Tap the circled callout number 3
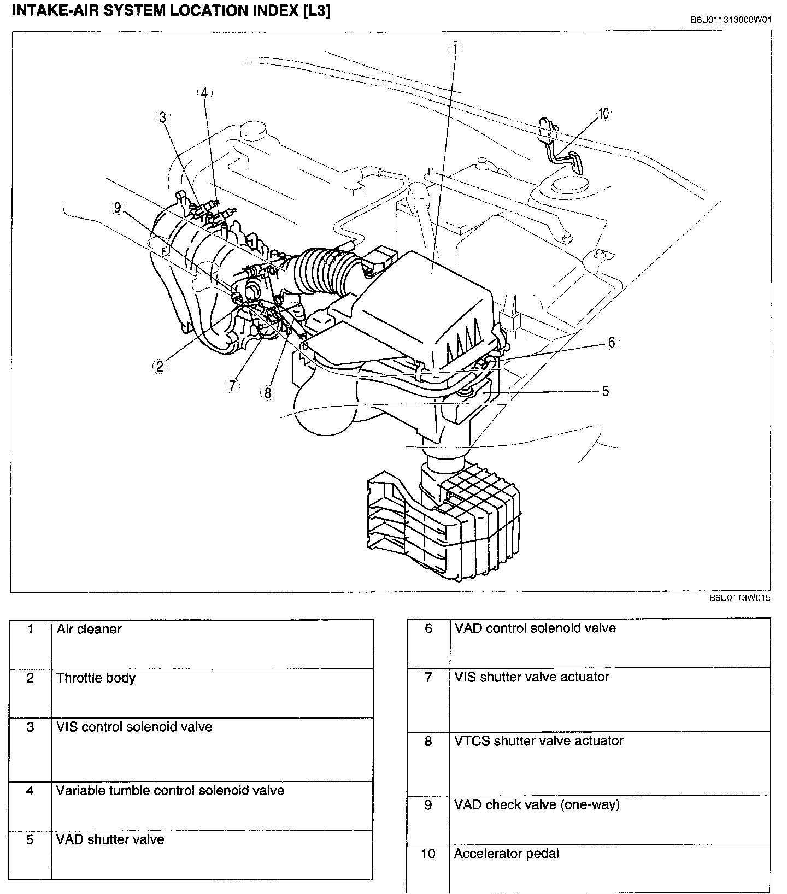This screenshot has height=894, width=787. (162, 117)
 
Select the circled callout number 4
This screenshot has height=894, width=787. (204, 93)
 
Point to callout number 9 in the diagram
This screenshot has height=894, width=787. (117, 208)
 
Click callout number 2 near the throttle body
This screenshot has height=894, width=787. (159, 366)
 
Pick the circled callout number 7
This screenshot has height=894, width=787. (232, 386)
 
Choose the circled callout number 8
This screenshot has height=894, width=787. (267, 392)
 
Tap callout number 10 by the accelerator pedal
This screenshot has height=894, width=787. (603, 114)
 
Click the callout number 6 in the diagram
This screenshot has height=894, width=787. (611, 342)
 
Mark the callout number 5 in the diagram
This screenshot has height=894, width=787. (605, 391)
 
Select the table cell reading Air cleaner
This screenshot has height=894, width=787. (89, 629)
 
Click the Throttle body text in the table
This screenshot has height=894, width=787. (96, 678)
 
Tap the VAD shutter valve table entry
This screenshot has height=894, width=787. (110, 839)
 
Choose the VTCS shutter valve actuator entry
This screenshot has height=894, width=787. (538, 740)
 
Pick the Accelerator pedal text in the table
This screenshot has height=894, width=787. (506, 853)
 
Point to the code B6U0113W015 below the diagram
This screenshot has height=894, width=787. (740, 598)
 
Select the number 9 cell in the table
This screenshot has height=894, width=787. (428, 804)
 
